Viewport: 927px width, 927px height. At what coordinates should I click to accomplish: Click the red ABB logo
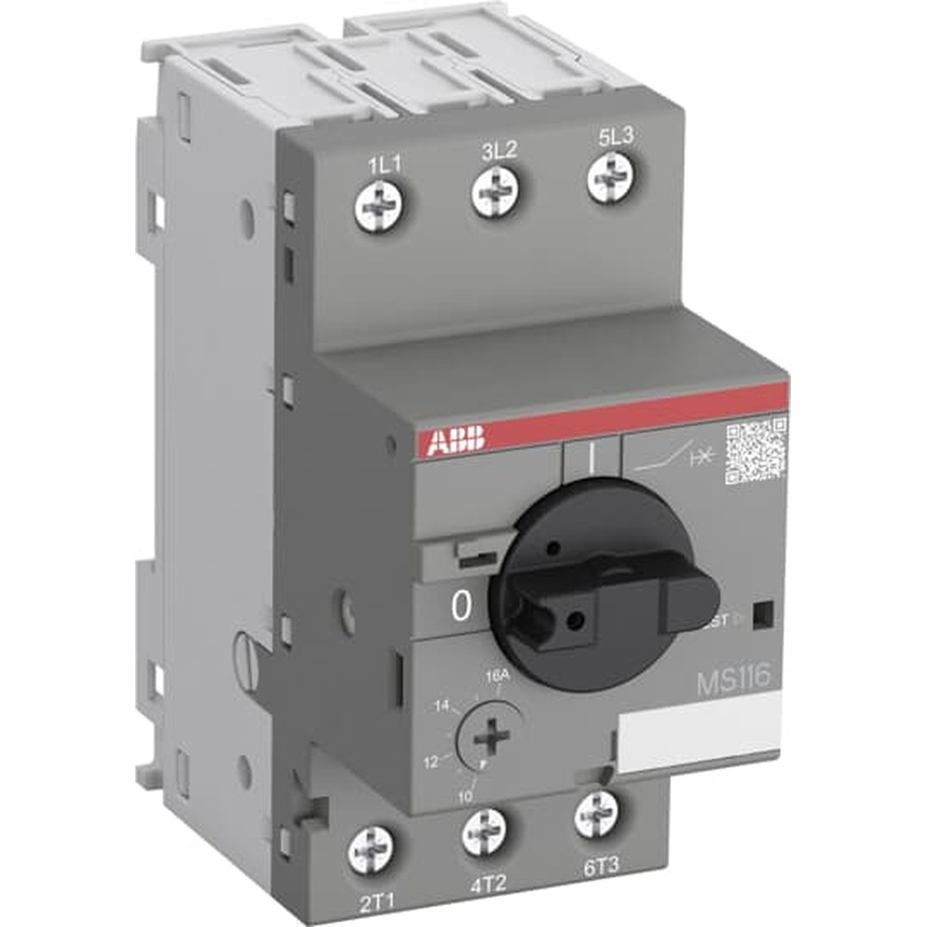click(x=455, y=441)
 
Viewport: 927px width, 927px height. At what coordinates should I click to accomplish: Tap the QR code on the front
click(x=756, y=451)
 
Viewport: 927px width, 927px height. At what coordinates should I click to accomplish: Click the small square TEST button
click(x=763, y=614)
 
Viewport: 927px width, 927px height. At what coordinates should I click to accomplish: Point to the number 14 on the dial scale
click(x=444, y=705)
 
